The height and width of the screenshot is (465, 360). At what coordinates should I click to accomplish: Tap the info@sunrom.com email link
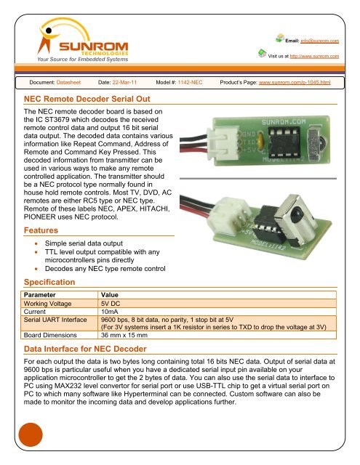click(x=322, y=41)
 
